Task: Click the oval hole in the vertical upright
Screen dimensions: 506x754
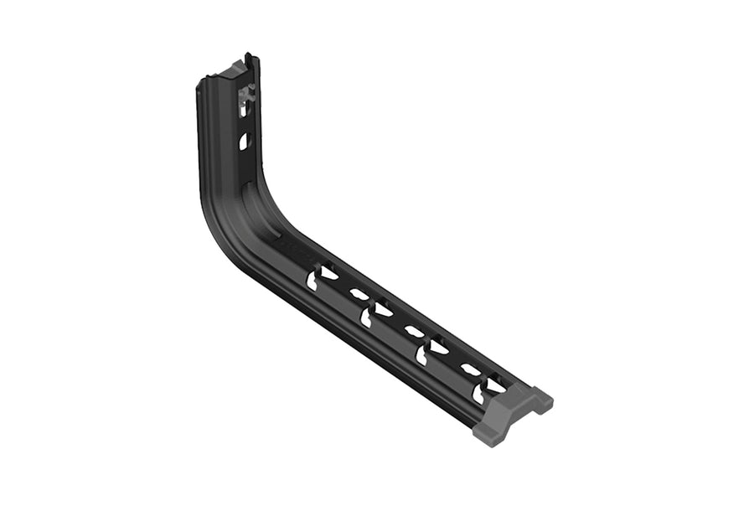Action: (x=244, y=141)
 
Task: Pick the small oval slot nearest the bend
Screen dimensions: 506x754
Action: (x=359, y=294)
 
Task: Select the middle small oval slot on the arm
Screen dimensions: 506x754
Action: (x=414, y=331)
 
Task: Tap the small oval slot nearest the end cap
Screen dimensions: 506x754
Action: (x=471, y=369)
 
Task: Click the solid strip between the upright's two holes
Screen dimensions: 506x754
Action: (x=244, y=121)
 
